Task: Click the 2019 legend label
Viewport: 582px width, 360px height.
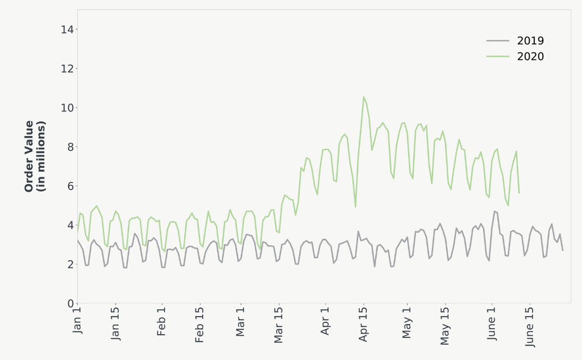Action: click(x=530, y=41)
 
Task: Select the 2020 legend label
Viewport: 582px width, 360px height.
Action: click(x=530, y=56)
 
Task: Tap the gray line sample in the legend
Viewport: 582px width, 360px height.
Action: click(x=498, y=41)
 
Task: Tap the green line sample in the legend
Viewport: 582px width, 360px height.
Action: click(x=498, y=56)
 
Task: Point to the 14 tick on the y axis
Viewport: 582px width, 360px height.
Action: click(x=67, y=30)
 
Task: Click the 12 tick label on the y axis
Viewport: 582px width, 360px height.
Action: click(x=67, y=69)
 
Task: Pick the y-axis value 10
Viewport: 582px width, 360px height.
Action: click(x=67, y=108)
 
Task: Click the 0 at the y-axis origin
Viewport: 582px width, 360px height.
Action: click(x=70, y=303)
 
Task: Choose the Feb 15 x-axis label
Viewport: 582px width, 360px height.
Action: click(x=199, y=325)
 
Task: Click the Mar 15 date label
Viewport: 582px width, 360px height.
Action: click(x=278, y=325)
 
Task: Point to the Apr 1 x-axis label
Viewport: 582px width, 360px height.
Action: click(x=326, y=321)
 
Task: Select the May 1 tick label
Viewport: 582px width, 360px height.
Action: click(x=407, y=322)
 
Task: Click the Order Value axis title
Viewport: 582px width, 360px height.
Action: click(x=35, y=156)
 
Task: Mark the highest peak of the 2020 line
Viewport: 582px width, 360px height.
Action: click(x=364, y=97)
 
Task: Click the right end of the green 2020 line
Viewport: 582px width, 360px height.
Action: click(x=519, y=192)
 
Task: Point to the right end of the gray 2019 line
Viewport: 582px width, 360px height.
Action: click(x=563, y=250)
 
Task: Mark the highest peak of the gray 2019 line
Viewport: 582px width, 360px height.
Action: click(x=494, y=211)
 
